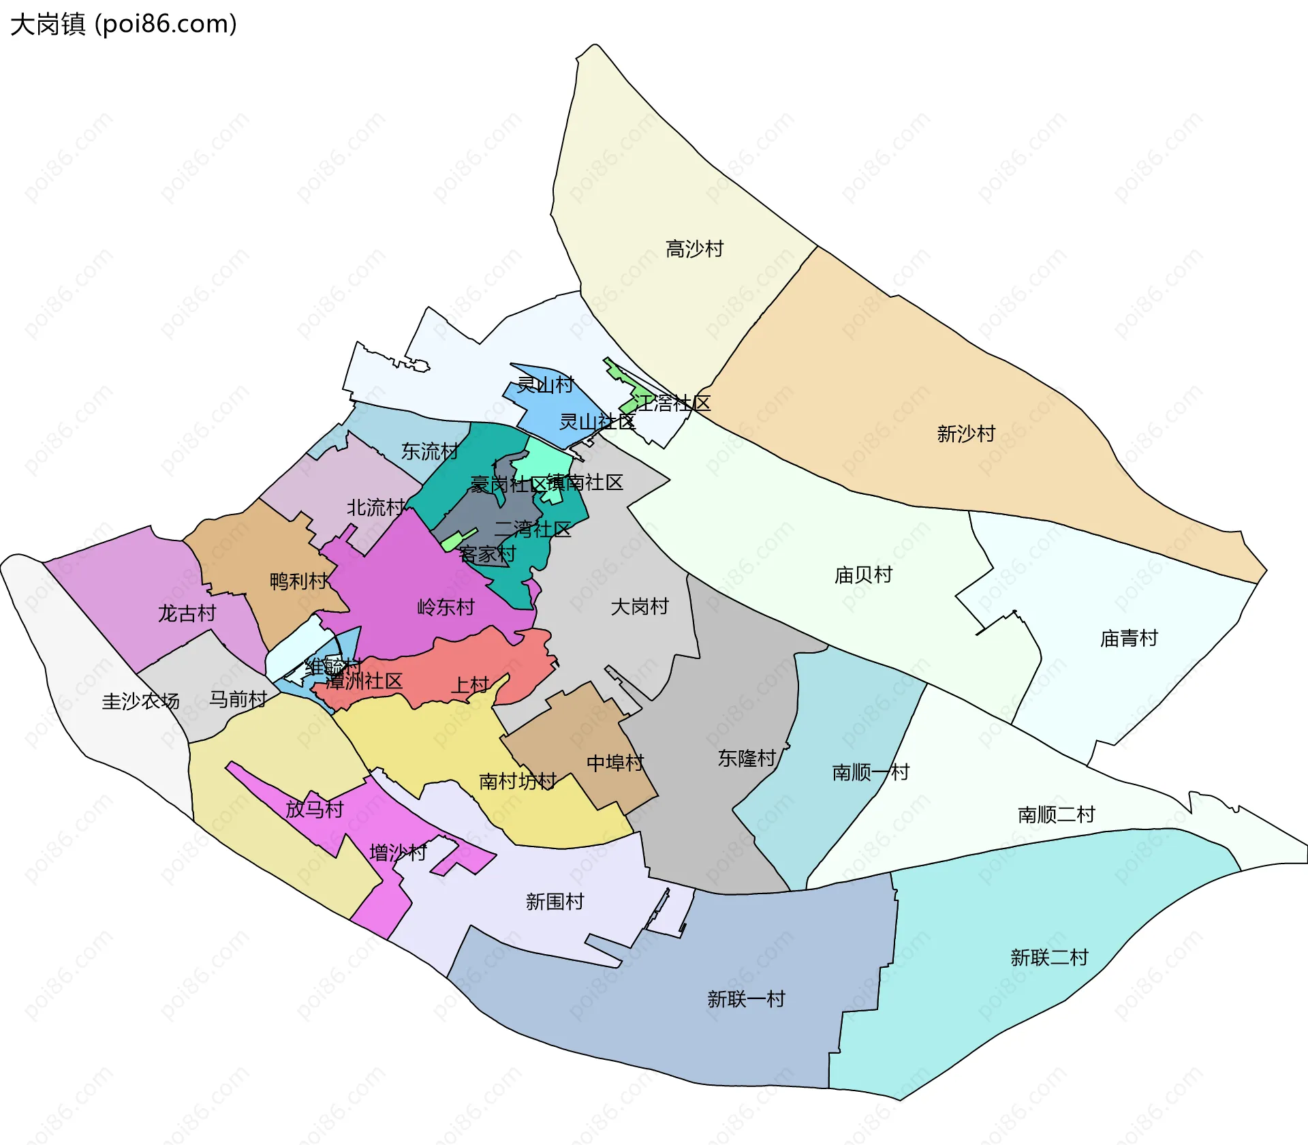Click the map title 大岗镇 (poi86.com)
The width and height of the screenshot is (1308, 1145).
pos(124,25)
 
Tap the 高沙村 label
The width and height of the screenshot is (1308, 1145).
pos(694,249)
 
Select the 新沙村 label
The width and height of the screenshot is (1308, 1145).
pos(966,433)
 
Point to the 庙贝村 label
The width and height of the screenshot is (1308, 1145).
pos(863,575)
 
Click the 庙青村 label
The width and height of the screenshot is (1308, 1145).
pos(1129,638)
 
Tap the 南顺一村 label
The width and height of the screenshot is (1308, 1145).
pos(871,772)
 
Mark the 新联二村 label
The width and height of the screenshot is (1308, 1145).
pos(1049,957)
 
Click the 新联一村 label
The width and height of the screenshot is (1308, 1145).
pos(746,998)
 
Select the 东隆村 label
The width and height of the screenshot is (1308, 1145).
pos(747,758)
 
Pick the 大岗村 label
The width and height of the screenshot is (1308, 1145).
pos(639,606)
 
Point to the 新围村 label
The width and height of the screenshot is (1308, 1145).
pos(555,901)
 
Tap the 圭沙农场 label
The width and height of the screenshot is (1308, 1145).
pos(140,701)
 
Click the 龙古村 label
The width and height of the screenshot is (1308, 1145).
pos(187,613)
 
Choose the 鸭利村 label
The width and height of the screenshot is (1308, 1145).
pos(298,581)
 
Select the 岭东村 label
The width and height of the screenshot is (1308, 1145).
pos(446,607)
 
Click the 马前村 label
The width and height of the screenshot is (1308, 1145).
pos(238,699)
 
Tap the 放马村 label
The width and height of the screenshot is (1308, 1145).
pos(314,809)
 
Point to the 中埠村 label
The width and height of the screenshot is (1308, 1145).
pos(615,763)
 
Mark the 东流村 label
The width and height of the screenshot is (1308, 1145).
pos(429,451)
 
